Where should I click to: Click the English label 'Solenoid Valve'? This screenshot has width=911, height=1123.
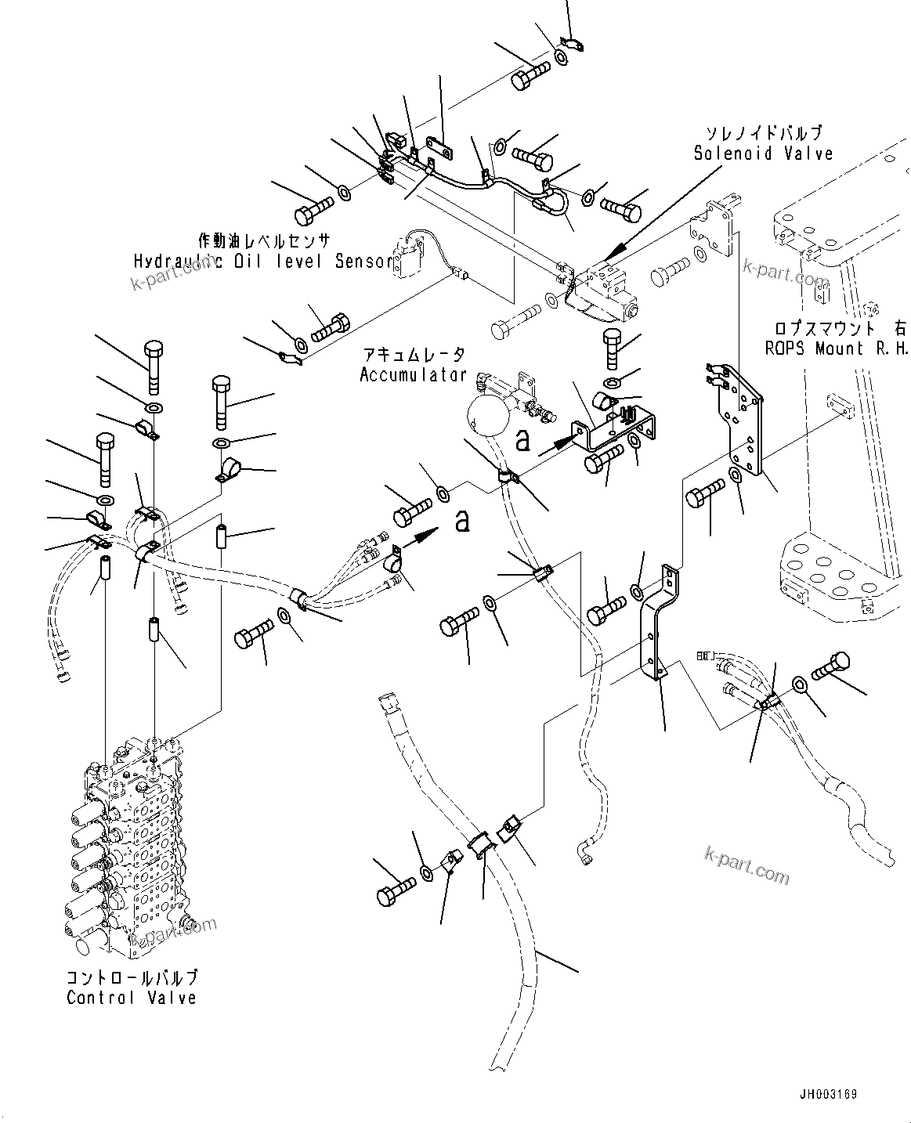[x=763, y=153]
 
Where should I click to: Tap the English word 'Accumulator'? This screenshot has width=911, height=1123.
[x=413, y=375]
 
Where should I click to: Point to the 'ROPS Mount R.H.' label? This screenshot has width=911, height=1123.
[x=836, y=349]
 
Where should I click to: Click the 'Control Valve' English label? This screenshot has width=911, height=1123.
[x=131, y=998]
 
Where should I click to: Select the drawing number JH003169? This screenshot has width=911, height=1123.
[x=833, y=1095]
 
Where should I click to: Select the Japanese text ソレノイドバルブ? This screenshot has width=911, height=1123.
[x=764, y=134]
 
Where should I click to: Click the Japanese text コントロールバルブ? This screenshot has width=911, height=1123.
[x=132, y=978]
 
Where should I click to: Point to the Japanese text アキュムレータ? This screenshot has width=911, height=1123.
[x=413, y=356]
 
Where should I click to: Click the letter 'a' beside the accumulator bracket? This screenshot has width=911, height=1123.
[x=522, y=440]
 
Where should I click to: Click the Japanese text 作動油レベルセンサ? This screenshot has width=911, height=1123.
[x=263, y=240]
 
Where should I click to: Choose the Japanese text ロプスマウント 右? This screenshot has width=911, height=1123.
[x=836, y=330]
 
